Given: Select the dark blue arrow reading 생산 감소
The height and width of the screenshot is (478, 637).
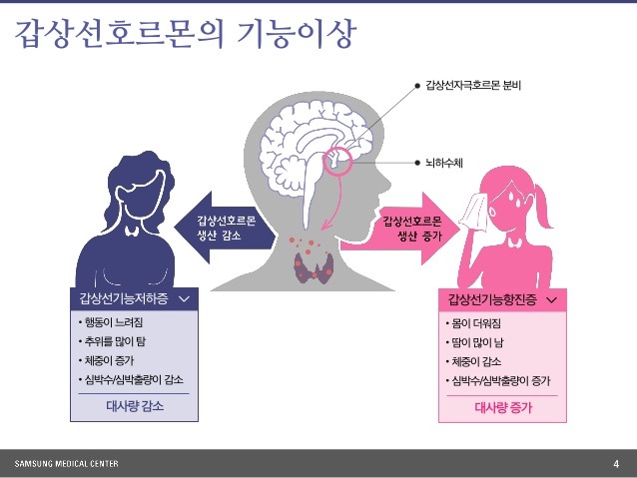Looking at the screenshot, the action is point(219,229).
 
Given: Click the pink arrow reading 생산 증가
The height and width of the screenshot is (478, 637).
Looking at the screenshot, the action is point(412,229).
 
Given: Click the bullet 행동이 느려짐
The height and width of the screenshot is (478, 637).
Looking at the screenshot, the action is point(116,324).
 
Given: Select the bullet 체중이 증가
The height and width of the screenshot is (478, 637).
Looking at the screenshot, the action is point(110,361).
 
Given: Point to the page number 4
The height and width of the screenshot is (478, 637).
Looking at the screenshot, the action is point(616,464).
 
